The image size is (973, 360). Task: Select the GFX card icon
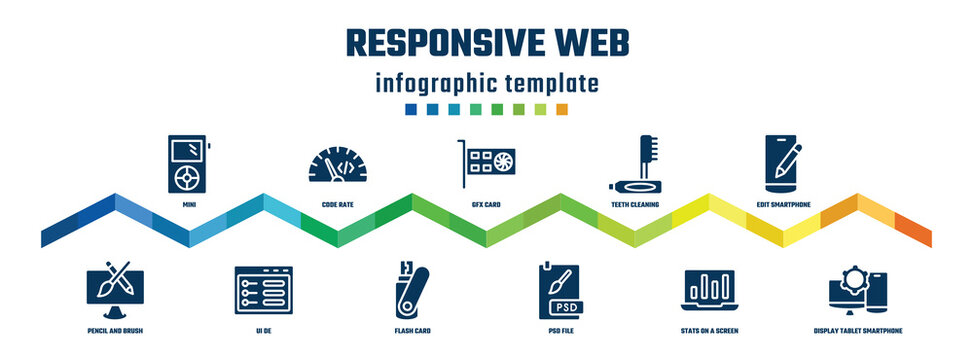coord(486,162)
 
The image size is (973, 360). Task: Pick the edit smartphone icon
coord(782,163)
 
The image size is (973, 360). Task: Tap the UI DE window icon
coord(261,289)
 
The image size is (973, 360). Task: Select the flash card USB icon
coord(411,289)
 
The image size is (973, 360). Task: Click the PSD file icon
coord(560,289)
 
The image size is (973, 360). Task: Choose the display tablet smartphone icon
coord(859,290)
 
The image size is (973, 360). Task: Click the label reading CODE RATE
coord(336,204)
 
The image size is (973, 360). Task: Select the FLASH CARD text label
coord(412,329)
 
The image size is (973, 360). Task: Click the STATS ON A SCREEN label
coord(708,329)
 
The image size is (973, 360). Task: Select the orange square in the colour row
coord(562,109)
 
